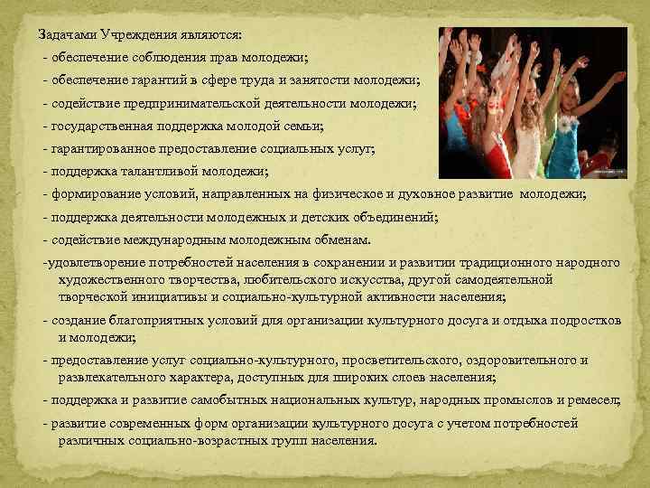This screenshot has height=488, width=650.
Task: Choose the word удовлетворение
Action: pyautogui.click(x=92, y=263)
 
